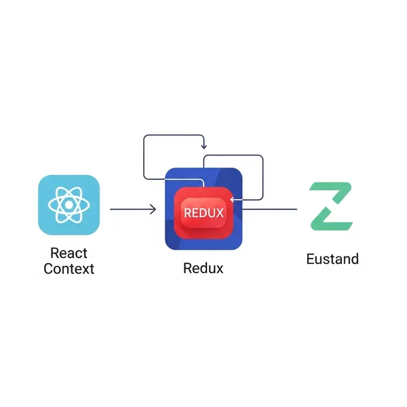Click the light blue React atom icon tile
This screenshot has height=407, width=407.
69,205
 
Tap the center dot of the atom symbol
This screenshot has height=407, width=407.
69,205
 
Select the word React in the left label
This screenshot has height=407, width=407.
69,253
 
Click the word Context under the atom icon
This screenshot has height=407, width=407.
69,269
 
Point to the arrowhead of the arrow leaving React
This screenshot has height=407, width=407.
154,210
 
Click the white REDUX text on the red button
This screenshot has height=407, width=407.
203,212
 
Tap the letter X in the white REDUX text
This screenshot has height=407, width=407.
218,212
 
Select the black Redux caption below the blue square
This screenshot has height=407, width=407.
203,268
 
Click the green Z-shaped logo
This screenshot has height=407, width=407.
332,205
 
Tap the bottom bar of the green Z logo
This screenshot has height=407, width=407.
332,222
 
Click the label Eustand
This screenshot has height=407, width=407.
332,259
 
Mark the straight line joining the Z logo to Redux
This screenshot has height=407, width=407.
271,210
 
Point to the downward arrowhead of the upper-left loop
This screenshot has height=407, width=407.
203,147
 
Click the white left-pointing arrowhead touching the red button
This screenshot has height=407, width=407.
233,199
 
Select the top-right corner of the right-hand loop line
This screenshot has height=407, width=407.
262,157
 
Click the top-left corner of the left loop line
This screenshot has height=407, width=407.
144,136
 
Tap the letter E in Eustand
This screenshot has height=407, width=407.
311,259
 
